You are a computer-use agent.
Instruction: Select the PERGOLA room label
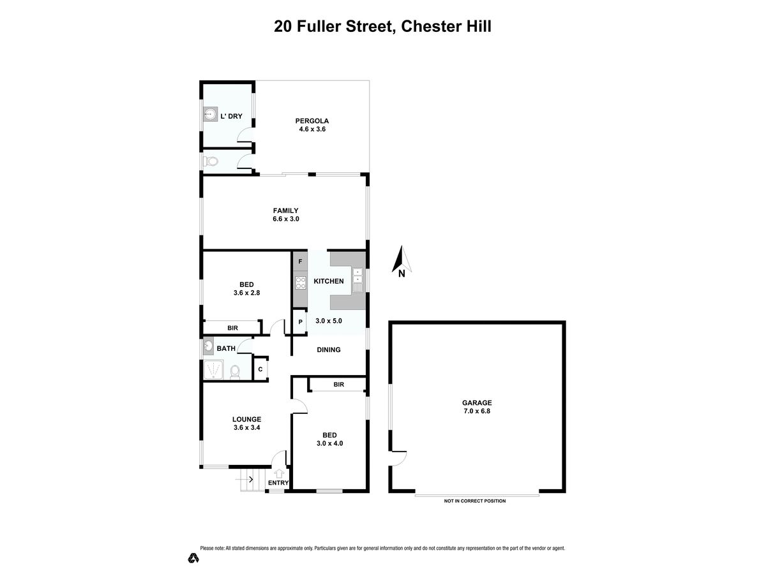(x=312, y=121)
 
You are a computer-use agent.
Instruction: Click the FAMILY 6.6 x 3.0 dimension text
(x=286, y=219)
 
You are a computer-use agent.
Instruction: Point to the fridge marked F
(x=300, y=261)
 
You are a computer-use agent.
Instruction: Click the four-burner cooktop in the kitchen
(x=301, y=283)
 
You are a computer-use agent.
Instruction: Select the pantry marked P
(x=300, y=321)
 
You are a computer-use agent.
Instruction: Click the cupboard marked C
(x=260, y=369)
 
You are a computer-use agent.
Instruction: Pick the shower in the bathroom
(x=213, y=370)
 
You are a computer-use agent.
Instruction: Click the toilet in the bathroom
(x=235, y=372)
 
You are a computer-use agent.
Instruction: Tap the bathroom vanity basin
(x=208, y=346)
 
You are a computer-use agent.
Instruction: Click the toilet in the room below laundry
(x=211, y=161)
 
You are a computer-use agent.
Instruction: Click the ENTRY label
(x=278, y=483)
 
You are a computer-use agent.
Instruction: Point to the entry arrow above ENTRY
(x=279, y=473)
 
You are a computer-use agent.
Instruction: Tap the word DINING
(x=329, y=350)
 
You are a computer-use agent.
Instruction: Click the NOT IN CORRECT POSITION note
(x=475, y=501)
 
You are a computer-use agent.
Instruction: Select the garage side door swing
(x=398, y=458)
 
